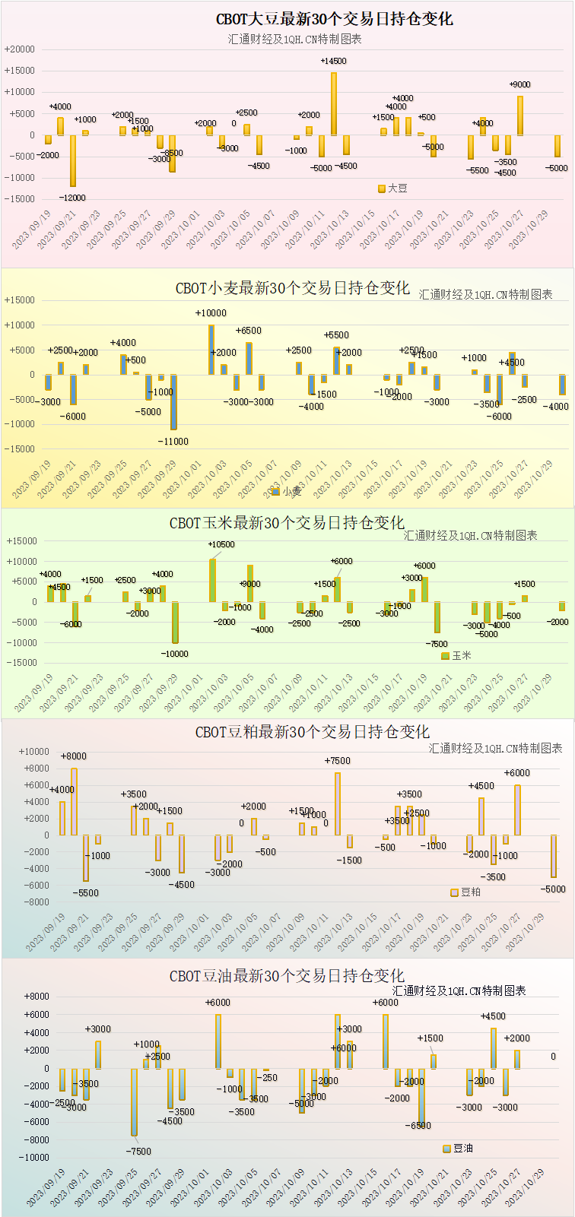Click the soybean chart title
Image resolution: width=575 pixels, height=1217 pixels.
point(334,19)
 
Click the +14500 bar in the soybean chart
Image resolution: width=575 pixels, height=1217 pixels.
point(333,103)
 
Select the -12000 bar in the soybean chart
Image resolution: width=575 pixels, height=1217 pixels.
point(73,160)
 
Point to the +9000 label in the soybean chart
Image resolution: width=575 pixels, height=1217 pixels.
point(519,84)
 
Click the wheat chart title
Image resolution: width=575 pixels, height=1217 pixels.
point(293,288)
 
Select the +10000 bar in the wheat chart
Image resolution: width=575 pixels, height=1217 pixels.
point(211,350)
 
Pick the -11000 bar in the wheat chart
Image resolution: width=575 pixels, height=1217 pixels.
point(173,402)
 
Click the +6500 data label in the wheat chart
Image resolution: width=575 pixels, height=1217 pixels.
point(248,331)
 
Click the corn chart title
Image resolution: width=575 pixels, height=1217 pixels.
point(287,523)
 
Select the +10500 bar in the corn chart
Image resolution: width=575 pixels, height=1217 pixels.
point(212,580)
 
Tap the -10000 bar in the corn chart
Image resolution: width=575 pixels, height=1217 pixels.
point(175,623)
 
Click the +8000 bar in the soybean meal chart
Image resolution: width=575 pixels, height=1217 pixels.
point(74,801)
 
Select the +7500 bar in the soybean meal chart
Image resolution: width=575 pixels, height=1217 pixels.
point(338,803)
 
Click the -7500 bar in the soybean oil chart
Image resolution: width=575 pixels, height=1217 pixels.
point(134,1102)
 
